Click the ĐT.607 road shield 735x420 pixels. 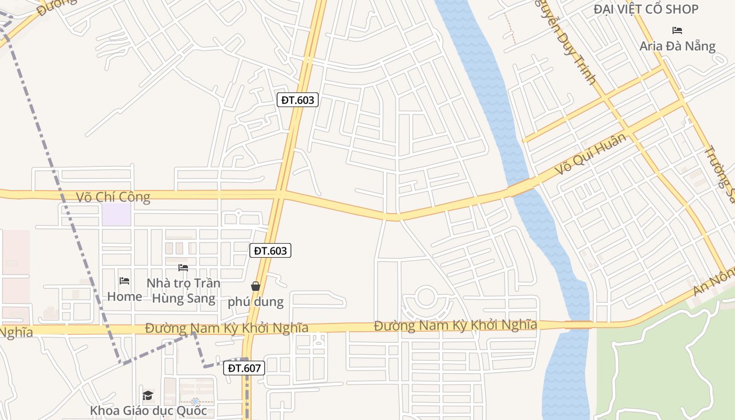(245, 368)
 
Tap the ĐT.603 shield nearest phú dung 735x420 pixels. (270, 251)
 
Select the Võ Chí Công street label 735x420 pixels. (113, 197)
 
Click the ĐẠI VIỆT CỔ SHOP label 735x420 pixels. (646, 9)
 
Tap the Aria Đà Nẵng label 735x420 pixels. (677, 46)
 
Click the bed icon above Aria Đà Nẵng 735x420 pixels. (677, 30)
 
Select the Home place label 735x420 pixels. (124, 297)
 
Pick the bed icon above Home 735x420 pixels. (124, 281)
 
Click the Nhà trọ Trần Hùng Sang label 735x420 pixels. (183, 291)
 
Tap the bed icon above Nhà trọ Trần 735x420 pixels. (183, 268)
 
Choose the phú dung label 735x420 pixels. (256, 302)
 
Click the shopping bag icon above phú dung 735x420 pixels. (256, 286)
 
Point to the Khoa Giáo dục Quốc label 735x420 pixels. (148, 411)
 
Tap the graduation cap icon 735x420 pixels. (148, 395)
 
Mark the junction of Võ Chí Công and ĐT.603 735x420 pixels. (281, 194)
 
